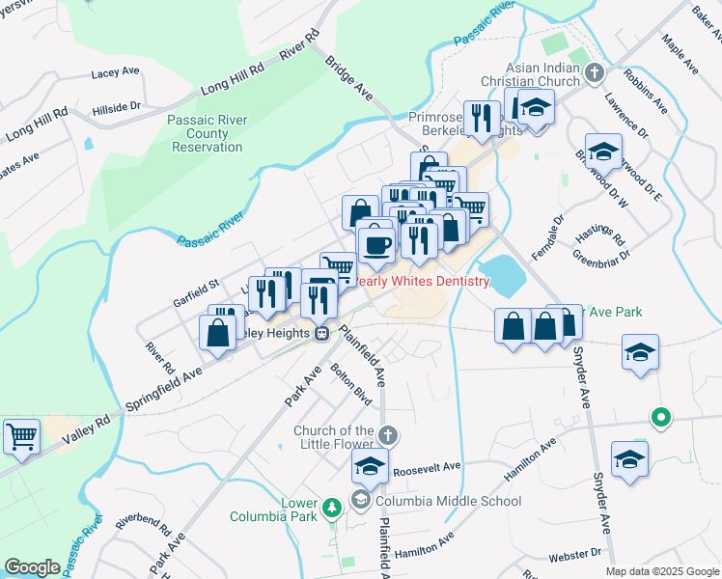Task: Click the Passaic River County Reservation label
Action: click(207, 133)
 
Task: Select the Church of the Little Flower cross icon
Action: click(388, 435)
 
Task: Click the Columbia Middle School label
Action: click(448, 501)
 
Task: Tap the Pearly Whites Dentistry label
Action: click(419, 281)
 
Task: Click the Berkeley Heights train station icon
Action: click(321, 333)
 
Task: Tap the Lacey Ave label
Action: click(116, 73)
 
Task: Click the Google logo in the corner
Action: click(32, 567)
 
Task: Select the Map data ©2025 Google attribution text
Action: click(662, 571)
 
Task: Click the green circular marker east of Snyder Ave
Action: click(660, 418)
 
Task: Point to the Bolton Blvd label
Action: click(350, 383)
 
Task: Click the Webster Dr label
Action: click(575, 555)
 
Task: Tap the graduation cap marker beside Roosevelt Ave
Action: click(369, 466)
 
